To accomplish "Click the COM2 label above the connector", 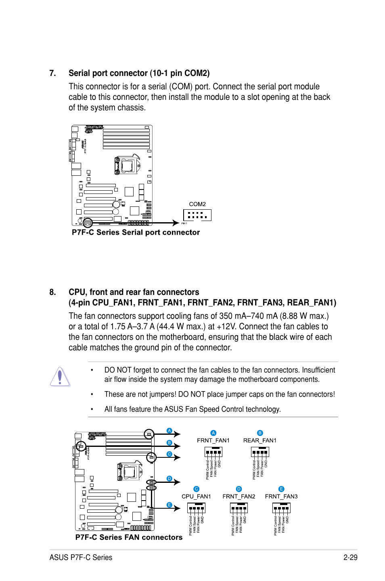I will [197, 204].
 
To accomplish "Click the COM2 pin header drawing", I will [197, 215].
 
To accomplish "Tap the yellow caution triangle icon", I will [60, 377].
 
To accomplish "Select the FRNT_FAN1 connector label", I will [213, 440].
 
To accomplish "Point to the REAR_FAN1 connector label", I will [259, 440].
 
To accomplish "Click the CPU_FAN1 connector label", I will [196, 497].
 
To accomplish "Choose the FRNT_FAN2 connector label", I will [239, 497].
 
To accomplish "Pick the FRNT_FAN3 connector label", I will [281, 497].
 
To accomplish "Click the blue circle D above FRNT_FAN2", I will [239, 489].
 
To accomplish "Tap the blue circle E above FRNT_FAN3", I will [281, 489].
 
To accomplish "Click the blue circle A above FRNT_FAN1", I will [213, 433].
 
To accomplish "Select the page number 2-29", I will [350, 558].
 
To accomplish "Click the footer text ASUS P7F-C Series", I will [81, 558].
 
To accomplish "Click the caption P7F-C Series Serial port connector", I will [136, 232].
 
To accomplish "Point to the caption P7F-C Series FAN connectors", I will [129, 537].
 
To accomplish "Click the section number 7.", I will [52, 73].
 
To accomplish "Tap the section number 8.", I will [52, 292].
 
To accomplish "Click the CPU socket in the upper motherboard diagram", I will [127, 165].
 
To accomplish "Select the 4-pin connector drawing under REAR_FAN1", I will [260, 452].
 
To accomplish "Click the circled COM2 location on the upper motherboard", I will [88, 223].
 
